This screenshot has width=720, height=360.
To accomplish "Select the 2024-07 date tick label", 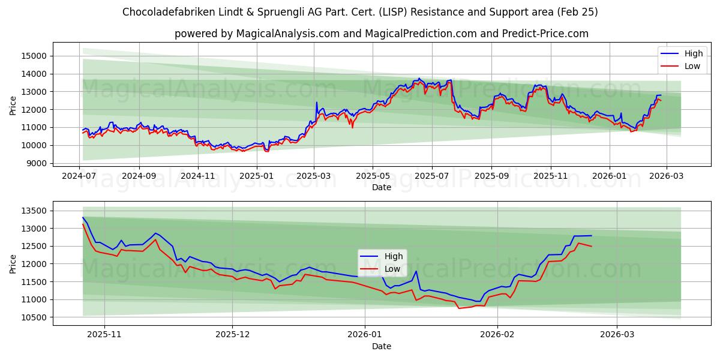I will (79, 176).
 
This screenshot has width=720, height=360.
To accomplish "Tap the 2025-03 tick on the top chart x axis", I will (314, 176).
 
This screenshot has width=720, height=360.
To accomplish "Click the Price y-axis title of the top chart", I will (13, 105).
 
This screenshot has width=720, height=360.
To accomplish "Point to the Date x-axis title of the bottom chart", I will (382, 346).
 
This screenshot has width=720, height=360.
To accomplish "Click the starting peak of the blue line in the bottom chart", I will (83, 217).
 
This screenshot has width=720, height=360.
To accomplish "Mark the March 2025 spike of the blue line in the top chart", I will (317, 103).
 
